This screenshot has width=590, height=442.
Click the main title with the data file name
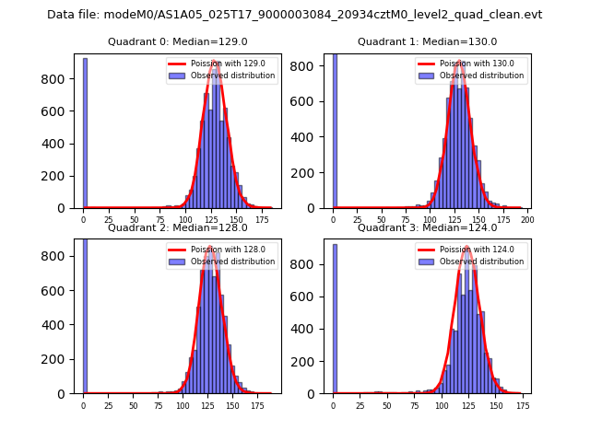point(294,15)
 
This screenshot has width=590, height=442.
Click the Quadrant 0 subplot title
point(178,41)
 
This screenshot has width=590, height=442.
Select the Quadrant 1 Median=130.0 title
point(427,41)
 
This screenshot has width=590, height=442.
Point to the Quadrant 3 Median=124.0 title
point(427,227)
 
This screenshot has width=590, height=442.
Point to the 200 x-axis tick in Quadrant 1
point(528,220)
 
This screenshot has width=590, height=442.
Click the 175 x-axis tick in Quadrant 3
point(522,405)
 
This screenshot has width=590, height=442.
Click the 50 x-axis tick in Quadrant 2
point(133,405)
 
